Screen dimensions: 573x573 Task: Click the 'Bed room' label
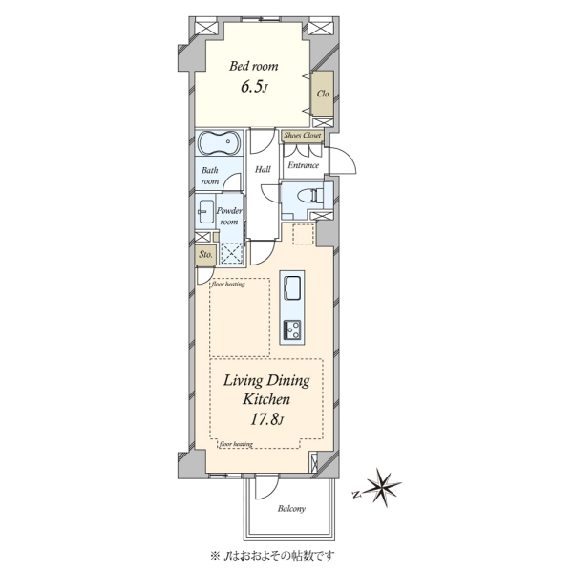254,66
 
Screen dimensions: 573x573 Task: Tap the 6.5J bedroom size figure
254,87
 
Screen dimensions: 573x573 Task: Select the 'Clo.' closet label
324,94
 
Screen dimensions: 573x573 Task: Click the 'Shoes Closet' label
303,136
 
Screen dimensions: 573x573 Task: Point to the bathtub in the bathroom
220,141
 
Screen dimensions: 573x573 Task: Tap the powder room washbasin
206,211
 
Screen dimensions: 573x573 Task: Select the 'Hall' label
263,169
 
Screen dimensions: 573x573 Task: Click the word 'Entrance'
303,165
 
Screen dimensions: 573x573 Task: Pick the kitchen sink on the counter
292,287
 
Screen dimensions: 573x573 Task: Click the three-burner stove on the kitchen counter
292,329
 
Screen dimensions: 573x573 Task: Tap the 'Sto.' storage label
205,254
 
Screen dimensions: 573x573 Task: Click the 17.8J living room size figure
266,419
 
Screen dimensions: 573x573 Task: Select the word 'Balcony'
291,509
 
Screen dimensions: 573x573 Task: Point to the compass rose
383,488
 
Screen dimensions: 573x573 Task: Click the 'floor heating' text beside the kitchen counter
228,284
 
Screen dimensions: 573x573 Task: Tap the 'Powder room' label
229,217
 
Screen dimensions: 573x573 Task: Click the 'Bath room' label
210,176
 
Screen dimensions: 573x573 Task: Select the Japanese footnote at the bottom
273,556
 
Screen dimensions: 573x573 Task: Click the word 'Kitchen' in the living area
266,399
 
